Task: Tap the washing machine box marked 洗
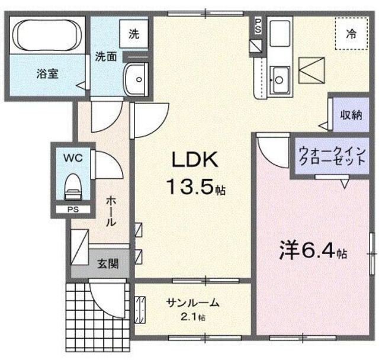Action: (134, 34)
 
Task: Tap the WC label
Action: (73, 159)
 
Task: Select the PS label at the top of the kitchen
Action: (257, 25)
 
